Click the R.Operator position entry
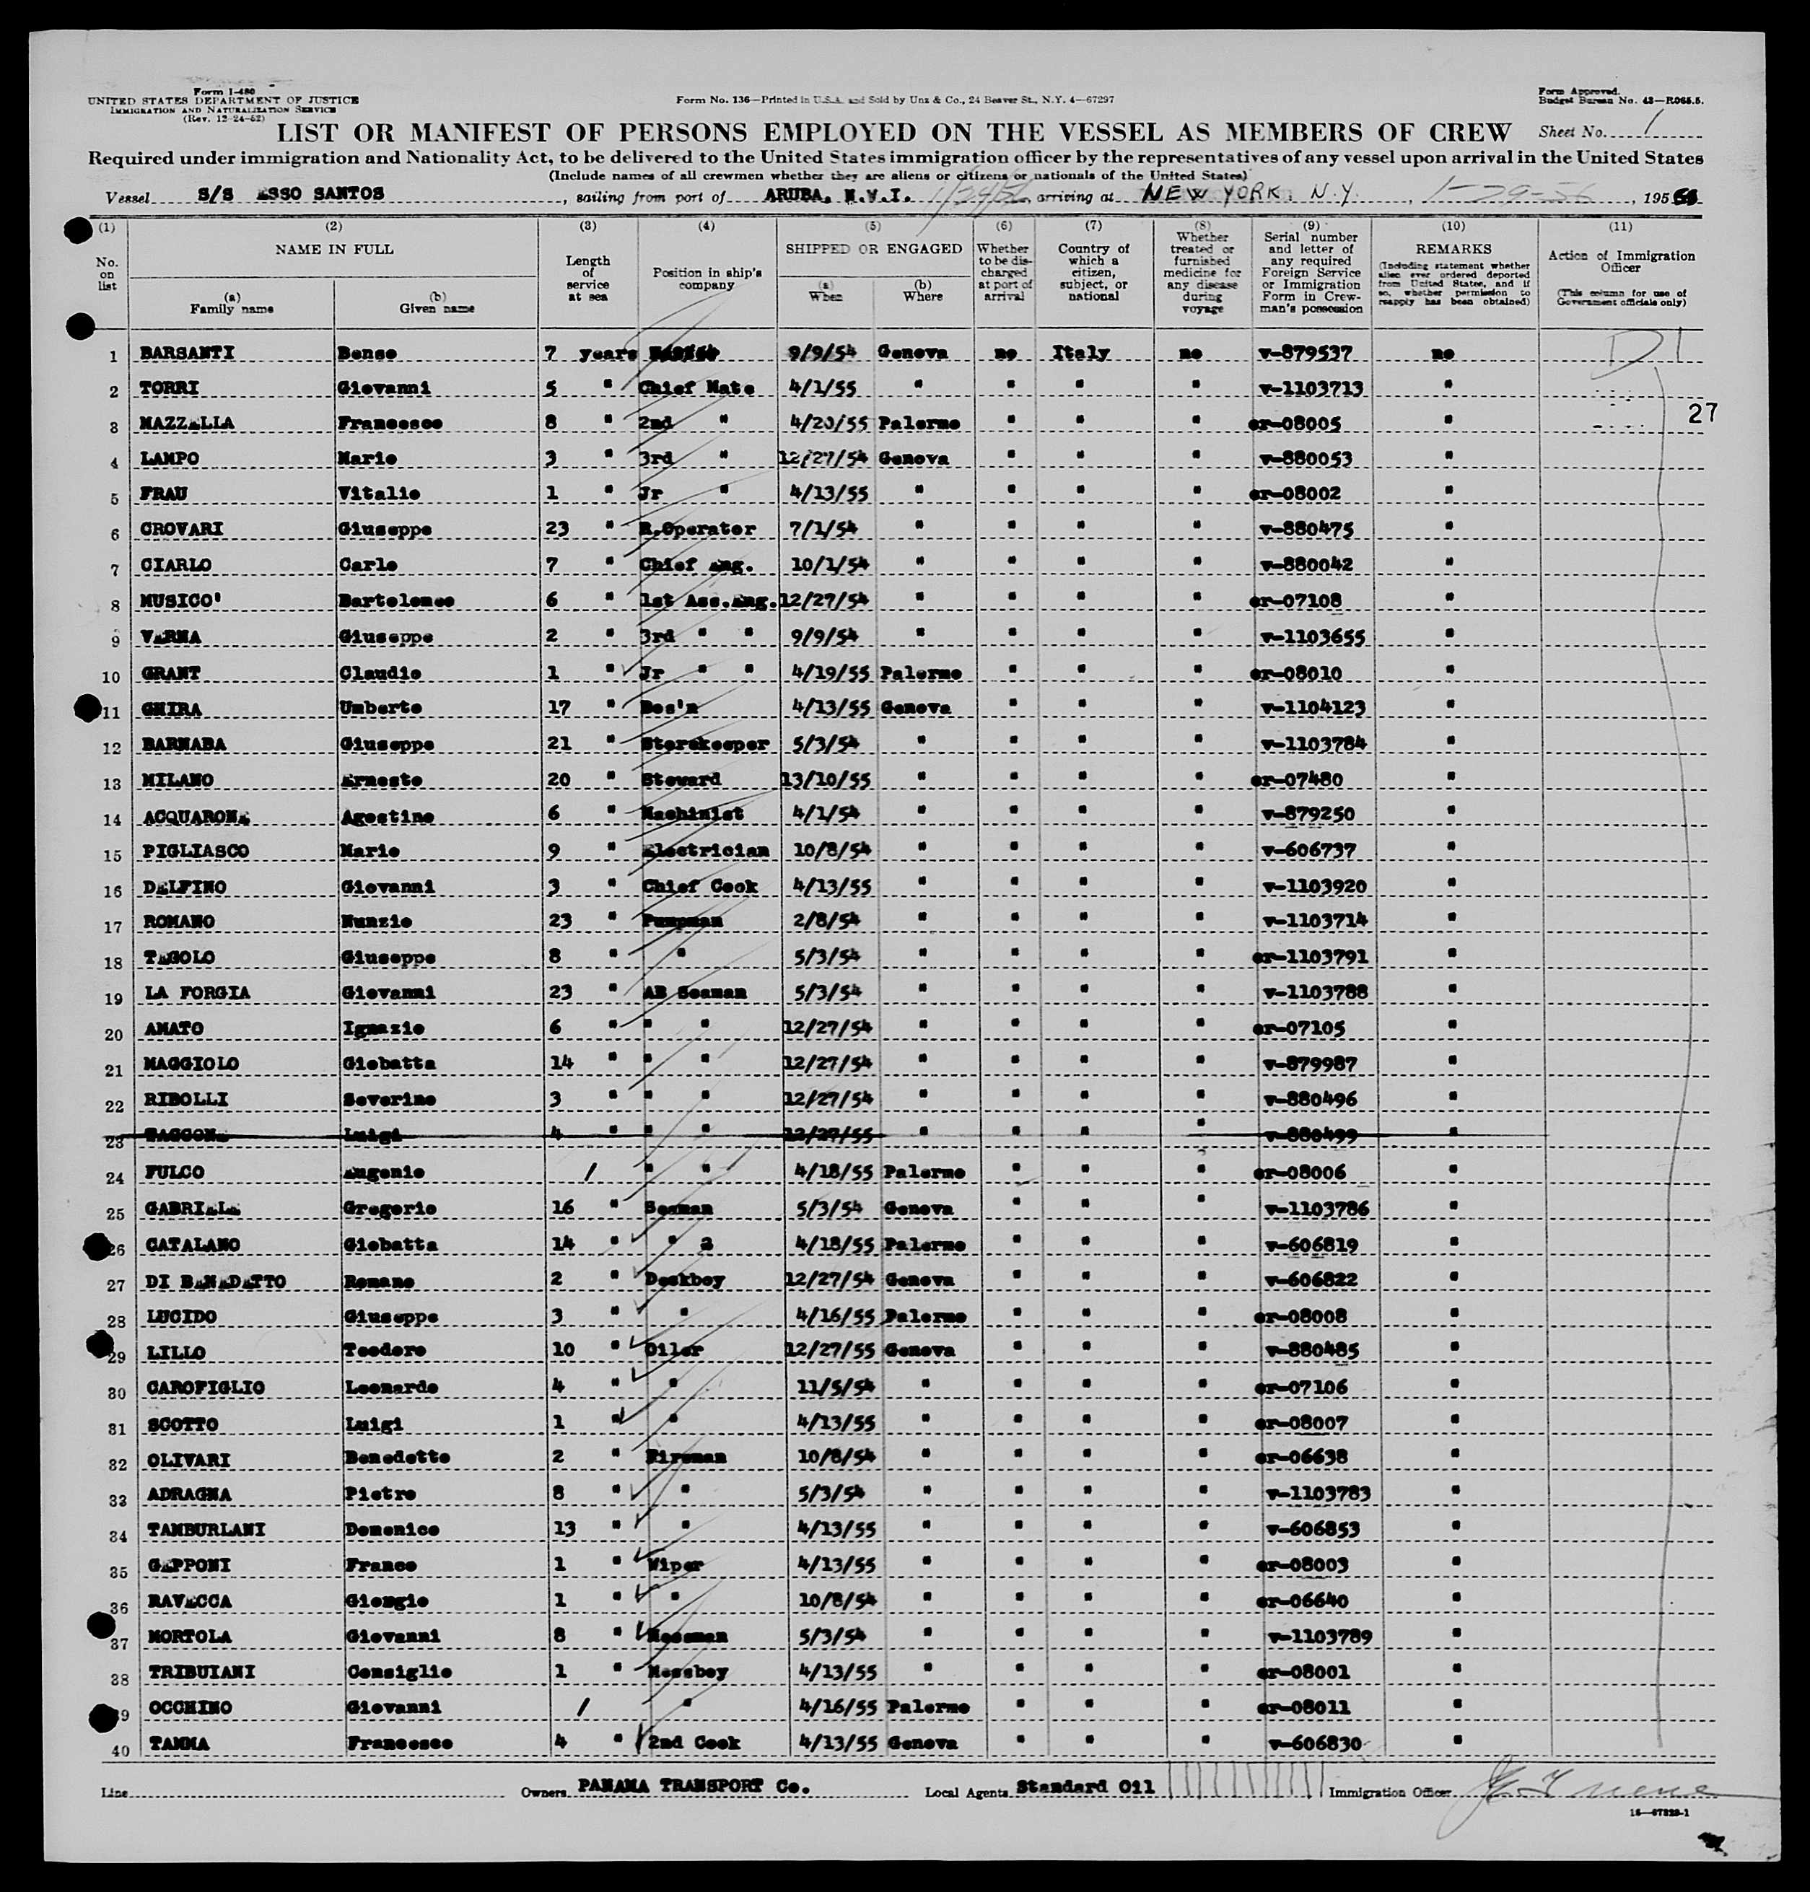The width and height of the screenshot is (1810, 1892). coord(698,530)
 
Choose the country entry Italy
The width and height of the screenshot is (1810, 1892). coord(1082,353)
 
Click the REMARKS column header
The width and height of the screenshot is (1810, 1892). coord(1453,249)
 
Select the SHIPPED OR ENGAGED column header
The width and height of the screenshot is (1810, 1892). coord(873,248)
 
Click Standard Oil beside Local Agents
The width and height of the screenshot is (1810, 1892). coord(1085,1786)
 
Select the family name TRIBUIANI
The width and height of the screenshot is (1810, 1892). coord(200,1671)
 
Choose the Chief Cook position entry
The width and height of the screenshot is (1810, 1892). coord(699,885)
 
